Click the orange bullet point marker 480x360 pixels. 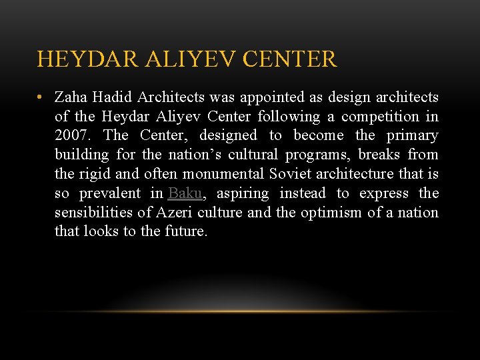41,97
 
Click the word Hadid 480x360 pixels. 109,97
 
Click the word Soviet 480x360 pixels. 288,174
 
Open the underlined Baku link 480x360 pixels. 185,193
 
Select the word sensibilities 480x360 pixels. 95,213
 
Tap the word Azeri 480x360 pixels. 173,213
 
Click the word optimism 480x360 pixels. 331,213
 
